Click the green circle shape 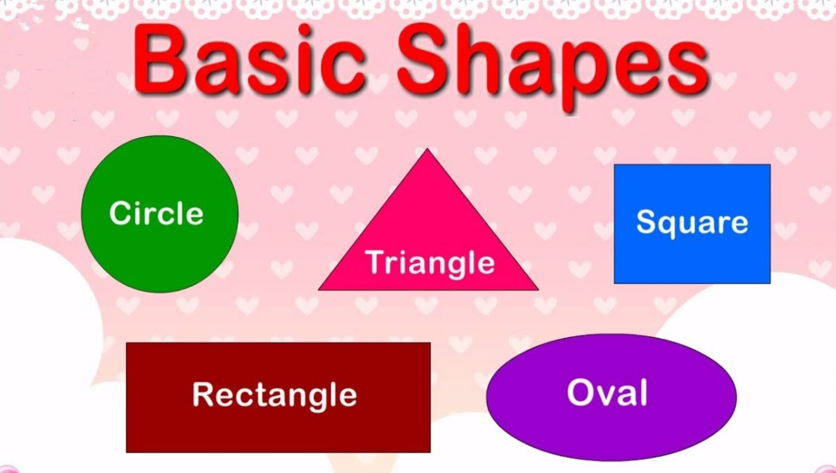coord(160,214)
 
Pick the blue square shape coord(692,224)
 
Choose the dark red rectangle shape coord(279,397)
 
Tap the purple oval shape coord(611,397)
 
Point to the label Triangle coord(430,264)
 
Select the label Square coord(692,223)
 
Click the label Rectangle coord(275,396)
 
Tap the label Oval coord(607,392)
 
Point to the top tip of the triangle coord(428,149)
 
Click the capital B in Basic coord(160,59)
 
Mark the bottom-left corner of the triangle coord(319,290)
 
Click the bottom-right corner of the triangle coord(538,290)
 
